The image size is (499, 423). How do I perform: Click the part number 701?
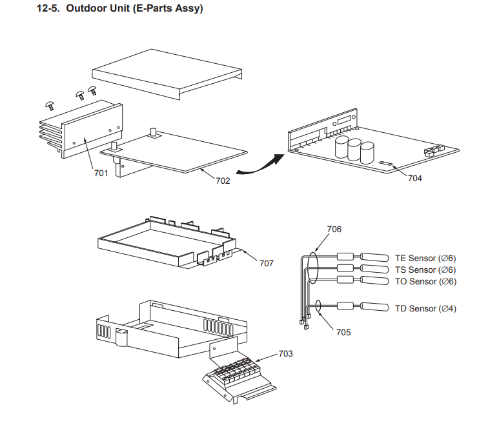(100, 173)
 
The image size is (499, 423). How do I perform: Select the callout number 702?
(223, 181)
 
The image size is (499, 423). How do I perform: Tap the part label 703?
(286, 353)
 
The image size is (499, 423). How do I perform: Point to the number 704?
(414, 178)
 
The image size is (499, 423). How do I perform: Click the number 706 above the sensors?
(334, 229)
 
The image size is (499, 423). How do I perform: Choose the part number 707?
(266, 263)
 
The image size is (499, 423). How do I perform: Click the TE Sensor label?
(425, 259)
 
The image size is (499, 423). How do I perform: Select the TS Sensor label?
(425, 270)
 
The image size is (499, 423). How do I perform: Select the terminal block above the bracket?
(235, 374)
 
